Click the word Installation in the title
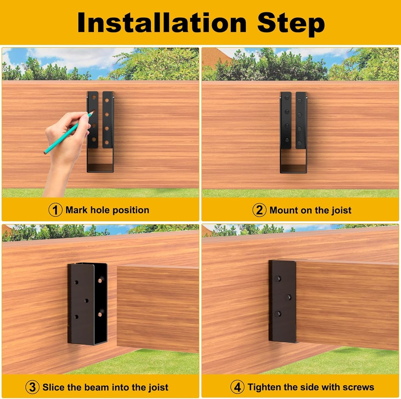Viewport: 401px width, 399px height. (162, 23)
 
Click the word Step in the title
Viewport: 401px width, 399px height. (291, 23)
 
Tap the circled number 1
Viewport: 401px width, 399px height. (55, 210)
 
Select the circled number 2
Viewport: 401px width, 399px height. (259, 210)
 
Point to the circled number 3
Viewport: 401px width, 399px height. (33, 387)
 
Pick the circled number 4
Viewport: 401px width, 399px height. (237, 387)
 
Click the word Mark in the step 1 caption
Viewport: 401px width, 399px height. (77, 210)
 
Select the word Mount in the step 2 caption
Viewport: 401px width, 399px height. (284, 210)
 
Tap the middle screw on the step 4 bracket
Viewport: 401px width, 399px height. (288, 297)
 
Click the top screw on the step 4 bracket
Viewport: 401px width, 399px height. (278, 279)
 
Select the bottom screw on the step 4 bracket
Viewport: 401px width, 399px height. (278, 314)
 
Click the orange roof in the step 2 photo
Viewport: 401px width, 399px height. (215, 57)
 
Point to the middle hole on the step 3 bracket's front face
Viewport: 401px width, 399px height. (87, 300)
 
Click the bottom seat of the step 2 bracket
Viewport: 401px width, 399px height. (293, 169)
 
